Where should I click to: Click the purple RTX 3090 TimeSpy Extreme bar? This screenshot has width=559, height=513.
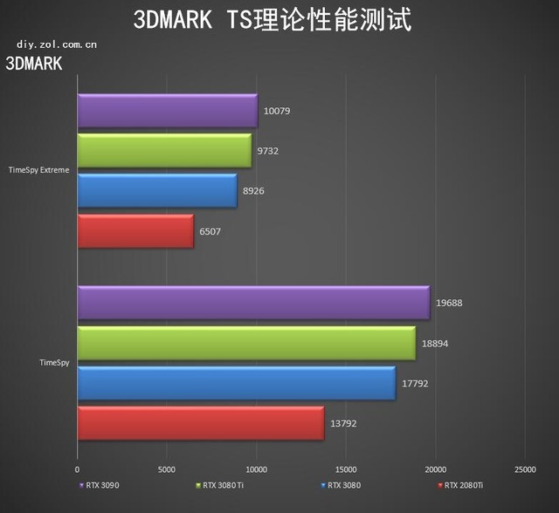(167, 111)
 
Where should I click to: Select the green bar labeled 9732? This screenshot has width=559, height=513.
(164, 151)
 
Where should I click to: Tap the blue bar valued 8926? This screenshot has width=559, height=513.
(157, 191)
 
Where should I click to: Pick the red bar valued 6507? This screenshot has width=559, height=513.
(135, 231)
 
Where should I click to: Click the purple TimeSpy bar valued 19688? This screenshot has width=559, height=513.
(253, 303)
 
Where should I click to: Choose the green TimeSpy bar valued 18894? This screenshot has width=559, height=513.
(246, 343)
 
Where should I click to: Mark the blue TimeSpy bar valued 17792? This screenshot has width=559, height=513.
(236, 383)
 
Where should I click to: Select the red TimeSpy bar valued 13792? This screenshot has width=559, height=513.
(200, 423)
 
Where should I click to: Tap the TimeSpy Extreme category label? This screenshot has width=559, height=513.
(38, 170)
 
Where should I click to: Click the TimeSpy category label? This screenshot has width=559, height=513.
(54, 361)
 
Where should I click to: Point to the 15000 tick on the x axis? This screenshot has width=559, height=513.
(346, 469)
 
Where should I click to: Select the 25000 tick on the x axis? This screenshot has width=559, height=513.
(525, 469)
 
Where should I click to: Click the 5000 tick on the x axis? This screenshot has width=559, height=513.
(167, 469)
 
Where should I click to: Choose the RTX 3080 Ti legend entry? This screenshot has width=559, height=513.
(223, 485)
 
